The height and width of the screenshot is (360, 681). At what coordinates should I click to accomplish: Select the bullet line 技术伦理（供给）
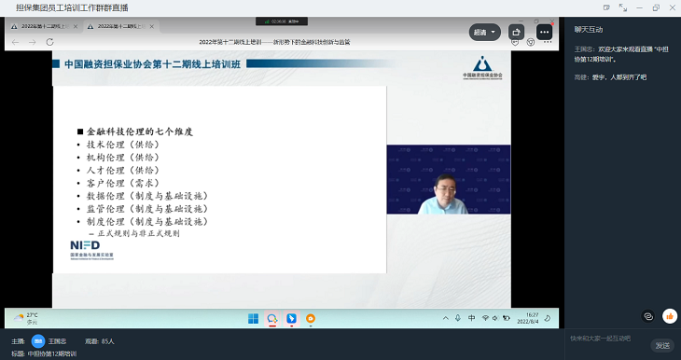122,145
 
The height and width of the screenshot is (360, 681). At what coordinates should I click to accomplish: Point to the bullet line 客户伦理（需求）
122,184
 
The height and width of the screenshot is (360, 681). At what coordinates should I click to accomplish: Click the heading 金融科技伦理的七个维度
139,132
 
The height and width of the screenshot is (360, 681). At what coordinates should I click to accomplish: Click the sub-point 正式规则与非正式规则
140,234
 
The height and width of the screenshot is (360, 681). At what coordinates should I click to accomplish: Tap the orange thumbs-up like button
669,316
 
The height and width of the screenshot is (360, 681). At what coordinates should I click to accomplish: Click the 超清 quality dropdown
485,32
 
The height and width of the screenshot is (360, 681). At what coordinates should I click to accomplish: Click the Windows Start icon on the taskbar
253,318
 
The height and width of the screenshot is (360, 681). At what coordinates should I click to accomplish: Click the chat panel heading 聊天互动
590,29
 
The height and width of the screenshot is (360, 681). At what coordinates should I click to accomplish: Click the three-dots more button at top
545,32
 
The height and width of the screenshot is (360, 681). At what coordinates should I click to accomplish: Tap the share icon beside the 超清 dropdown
518,32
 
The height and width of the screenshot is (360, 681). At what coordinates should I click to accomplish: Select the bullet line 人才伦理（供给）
122,171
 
